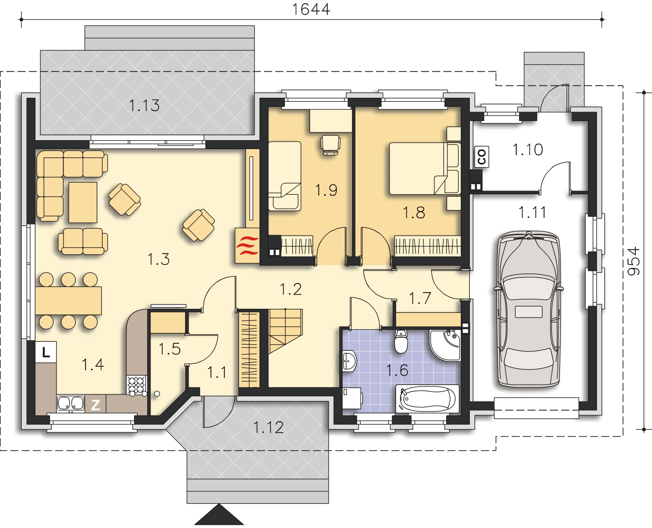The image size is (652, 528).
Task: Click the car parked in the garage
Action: point(529,309)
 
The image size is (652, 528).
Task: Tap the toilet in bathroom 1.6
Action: point(401,341)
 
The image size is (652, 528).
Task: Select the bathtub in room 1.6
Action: point(427,398)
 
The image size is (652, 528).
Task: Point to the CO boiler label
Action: point(482,157)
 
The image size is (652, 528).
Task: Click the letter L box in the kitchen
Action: point(46,352)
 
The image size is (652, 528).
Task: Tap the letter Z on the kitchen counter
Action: point(95,405)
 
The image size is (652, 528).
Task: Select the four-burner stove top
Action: point(137,385)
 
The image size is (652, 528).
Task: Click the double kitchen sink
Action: point(70,403)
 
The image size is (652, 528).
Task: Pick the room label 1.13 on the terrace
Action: point(144,106)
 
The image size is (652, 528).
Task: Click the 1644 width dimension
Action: point(311,9)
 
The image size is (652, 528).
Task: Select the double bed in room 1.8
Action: point(425,168)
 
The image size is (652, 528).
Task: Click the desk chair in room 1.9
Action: point(330,145)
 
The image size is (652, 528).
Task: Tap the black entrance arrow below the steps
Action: point(219,515)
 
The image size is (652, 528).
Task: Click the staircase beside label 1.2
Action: point(286,331)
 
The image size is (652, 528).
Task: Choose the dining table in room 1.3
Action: point(68,301)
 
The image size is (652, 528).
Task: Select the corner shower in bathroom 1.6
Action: point(445,345)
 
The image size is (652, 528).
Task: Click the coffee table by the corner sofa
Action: point(83,202)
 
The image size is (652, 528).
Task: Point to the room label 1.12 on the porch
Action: point(269,427)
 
